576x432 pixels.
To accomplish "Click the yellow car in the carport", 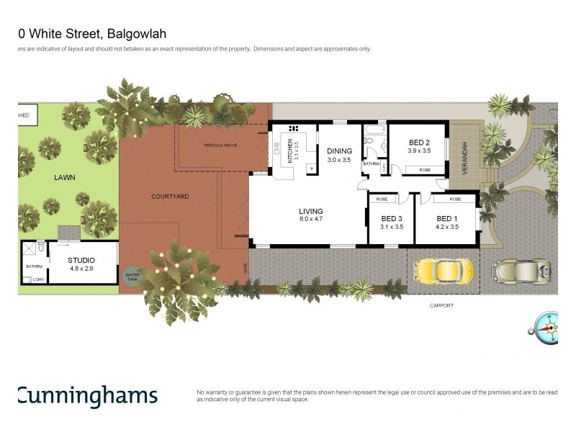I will tap(444, 271).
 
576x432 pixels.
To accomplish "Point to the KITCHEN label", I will tap(291, 151).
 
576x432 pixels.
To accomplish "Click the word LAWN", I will tap(63, 176).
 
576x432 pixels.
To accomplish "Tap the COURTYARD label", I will tap(170, 196).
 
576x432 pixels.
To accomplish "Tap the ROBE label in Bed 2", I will tap(425, 170).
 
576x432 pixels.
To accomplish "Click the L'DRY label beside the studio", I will tap(38, 279).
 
